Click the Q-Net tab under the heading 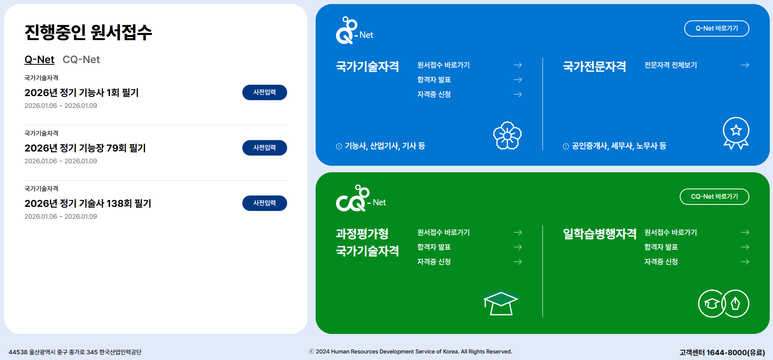click(39, 59)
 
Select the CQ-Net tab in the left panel click(81, 59)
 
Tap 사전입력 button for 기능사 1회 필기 click(264, 92)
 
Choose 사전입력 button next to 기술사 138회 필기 click(264, 203)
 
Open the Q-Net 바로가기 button click(716, 29)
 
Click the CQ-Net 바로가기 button click(714, 197)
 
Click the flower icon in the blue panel click(507, 136)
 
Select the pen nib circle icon click(735, 303)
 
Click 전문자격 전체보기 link click(670, 65)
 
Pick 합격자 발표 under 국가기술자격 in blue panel click(434, 80)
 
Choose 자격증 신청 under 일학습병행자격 click(661, 262)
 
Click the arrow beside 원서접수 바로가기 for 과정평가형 click(518, 233)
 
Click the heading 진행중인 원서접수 click(88, 32)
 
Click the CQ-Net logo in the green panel click(360, 199)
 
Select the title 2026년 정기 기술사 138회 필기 click(88, 203)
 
